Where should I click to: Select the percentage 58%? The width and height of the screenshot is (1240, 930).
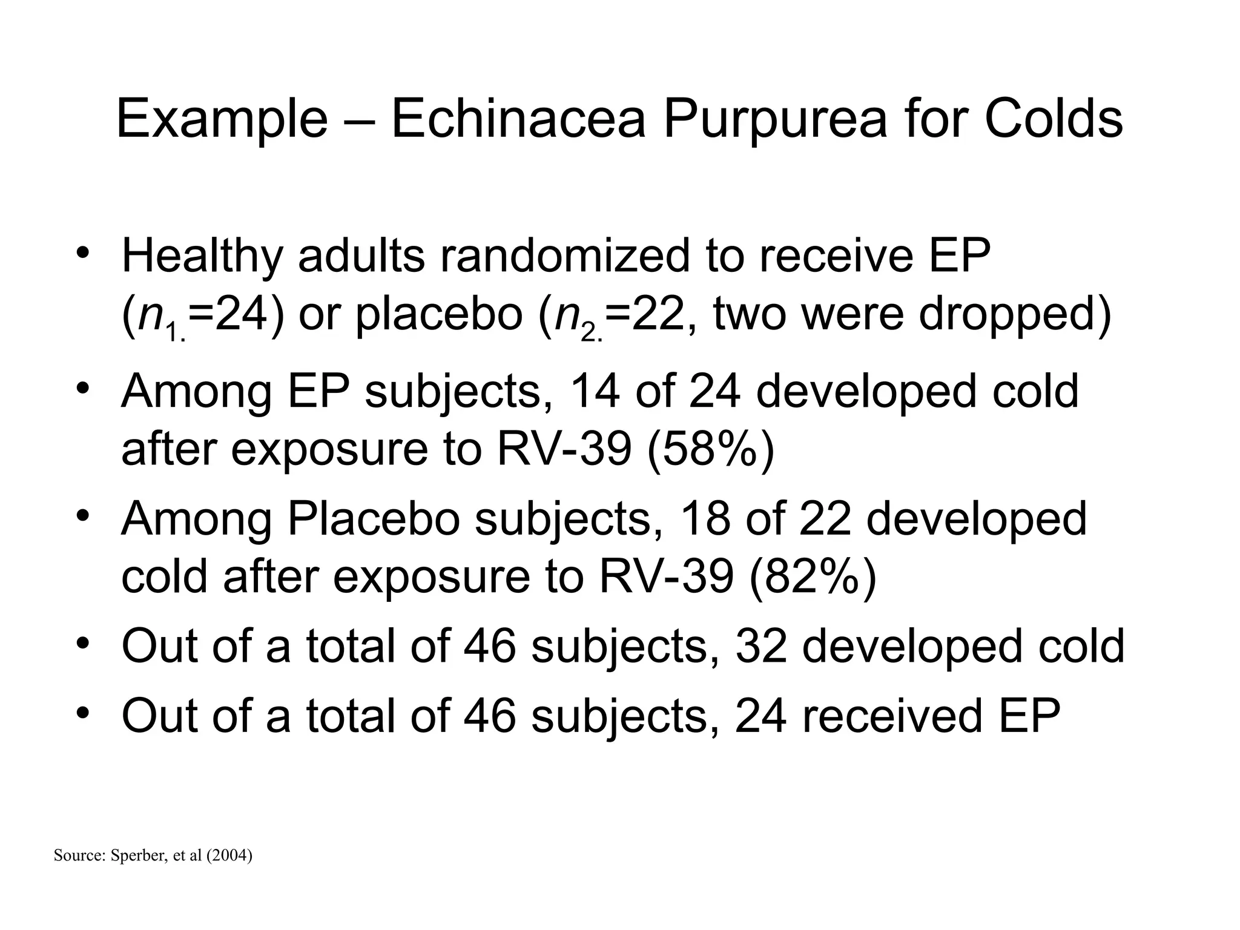tap(710, 449)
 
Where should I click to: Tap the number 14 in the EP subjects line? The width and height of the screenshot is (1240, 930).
tap(595, 391)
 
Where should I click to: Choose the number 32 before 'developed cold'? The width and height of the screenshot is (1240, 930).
tap(761, 646)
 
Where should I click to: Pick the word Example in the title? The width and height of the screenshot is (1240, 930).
tap(222, 120)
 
